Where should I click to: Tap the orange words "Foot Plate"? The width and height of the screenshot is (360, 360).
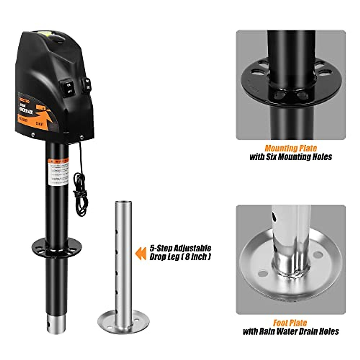[290, 323]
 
